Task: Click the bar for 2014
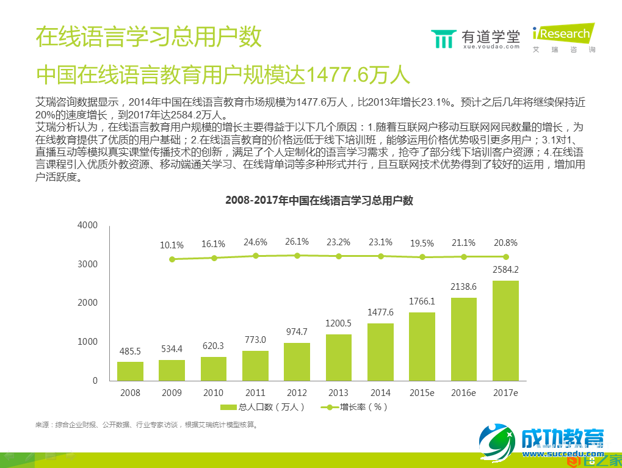(380, 351)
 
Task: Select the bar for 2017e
(505, 330)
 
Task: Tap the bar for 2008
(130, 371)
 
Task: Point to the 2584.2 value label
(505, 270)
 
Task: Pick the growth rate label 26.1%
(297, 242)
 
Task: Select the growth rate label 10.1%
(172, 245)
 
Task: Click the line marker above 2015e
(422, 257)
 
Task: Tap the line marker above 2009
(172, 259)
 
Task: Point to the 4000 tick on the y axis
(87, 225)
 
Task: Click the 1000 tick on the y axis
(87, 342)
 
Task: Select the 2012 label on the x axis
(297, 392)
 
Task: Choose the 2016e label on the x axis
(463, 392)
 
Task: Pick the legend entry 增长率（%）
(356, 407)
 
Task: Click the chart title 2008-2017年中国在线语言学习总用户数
(319, 200)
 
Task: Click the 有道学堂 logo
(476, 38)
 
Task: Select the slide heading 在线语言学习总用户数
(148, 37)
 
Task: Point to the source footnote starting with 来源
(146, 425)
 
